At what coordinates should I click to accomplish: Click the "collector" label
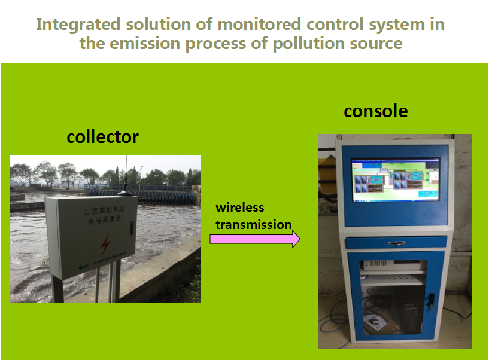click(x=102, y=137)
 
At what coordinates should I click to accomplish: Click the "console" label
click(x=376, y=111)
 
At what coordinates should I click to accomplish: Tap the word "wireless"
click(x=240, y=208)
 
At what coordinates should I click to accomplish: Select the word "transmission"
click(x=253, y=225)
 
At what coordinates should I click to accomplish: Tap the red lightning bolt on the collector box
click(x=105, y=242)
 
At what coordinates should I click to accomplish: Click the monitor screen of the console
click(x=395, y=179)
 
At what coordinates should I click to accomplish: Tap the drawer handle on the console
click(x=395, y=242)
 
